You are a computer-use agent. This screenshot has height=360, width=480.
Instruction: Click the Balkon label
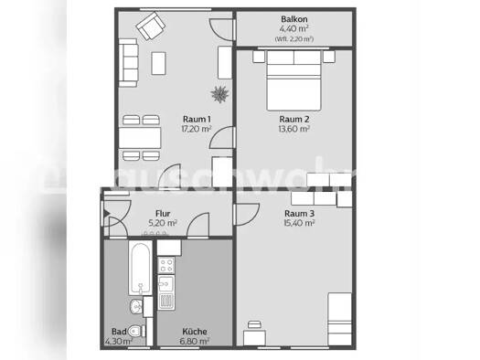[294, 18]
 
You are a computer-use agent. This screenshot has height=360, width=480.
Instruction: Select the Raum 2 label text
[293, 119]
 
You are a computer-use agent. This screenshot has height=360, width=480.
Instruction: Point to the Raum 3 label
[299, 214]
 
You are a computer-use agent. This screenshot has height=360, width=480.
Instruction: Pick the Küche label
[194, 332]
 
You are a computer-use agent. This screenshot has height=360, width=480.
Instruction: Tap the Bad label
[118, 332]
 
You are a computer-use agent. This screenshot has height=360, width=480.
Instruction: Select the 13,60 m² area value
[293, 129]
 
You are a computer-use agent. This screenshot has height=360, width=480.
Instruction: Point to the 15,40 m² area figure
[299, 224]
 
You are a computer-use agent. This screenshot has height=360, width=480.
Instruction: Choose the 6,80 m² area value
[194, 341]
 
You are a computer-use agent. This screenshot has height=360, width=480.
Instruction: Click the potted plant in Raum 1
[219, 92]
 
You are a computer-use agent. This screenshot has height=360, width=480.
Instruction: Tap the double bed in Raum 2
[293, 79]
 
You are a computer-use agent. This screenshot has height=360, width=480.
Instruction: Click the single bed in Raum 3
[340, 319]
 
